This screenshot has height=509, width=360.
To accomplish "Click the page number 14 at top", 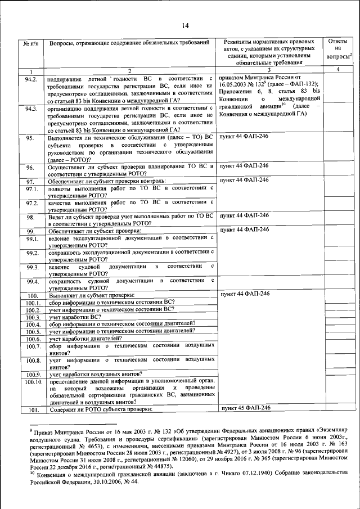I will [185, 24].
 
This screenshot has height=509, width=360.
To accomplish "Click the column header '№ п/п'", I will [30, 43].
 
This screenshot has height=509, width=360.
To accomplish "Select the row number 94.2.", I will [31, 79].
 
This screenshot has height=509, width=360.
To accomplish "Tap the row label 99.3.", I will [31, 267].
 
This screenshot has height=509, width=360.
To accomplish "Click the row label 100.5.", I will [33, 332].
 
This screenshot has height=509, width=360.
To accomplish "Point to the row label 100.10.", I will [33, 382].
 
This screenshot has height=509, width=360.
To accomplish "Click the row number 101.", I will [33, 409].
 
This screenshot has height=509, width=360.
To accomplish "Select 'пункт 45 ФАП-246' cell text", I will [246, 408].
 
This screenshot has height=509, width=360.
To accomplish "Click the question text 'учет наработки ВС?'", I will [76, 317].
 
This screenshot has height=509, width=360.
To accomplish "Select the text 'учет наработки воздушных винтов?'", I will [95, 374].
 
